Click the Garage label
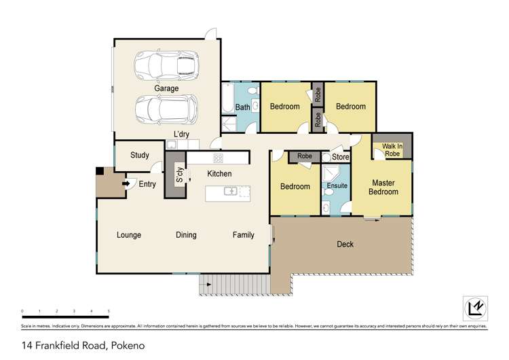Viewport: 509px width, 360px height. pyautogui.click(x=166, y=88)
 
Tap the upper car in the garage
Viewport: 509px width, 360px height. pyautogui.click(x=166, y=66)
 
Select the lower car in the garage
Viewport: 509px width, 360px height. pyautogui.click(x=166, y=109)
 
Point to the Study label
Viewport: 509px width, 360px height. pyautogui.click(x=139, y=155)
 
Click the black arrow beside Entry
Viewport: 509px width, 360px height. pyautogui.click(x=126, y=183)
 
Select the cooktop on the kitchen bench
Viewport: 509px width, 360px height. pyautogui.click(x=219, y=158)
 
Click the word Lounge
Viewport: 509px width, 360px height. pyautogui.click(x=129, y=235)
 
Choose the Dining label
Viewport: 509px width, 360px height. pyautogui.click(x=186, y=235)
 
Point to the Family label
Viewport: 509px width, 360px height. pyautogui.click(x=244, y=235)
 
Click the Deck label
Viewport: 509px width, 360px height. pyautogui.click(x=345, y=244)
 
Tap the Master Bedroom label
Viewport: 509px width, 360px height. pyautogui.click(x=383, y=187)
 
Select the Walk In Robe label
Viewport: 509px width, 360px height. pyautogui.click(x=392, y=149)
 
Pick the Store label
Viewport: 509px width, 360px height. pyautogui.click(x=340, y=157)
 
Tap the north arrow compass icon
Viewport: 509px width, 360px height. pyautogui.click(x=476, y=308)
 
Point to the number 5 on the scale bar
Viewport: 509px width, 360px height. pyautogui.click(x=109, y=310)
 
